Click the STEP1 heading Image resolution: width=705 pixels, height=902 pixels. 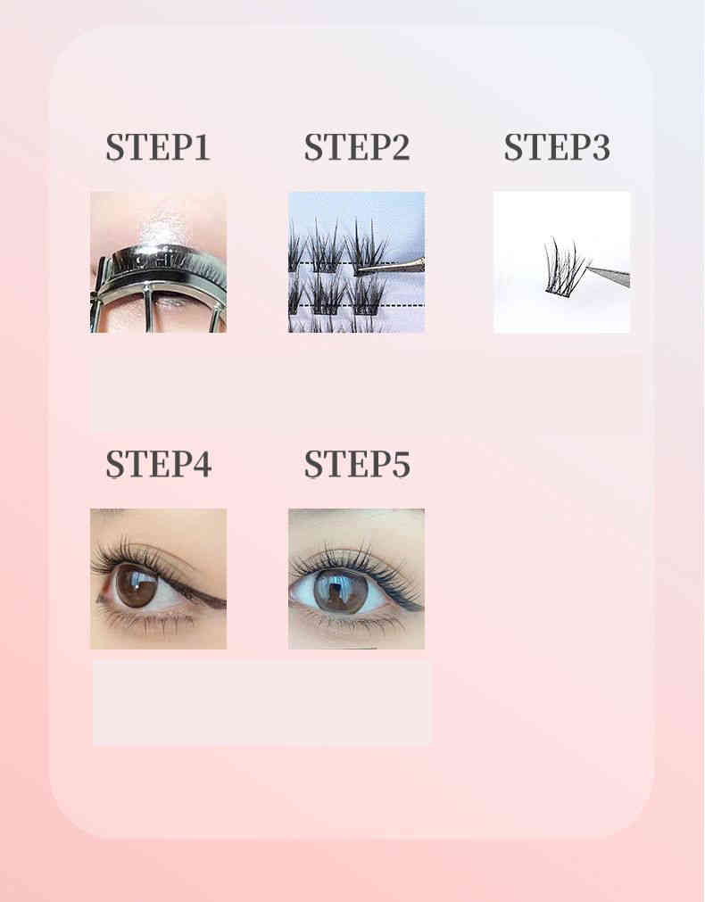pos(158,146)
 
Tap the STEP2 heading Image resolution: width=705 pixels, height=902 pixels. pos(357,146)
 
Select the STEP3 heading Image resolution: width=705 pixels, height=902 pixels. pos(557,146)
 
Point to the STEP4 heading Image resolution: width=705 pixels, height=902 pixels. pos(158,464)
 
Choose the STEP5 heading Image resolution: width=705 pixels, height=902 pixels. pos(357,464)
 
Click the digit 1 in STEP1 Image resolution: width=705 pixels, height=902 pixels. pos(201,147)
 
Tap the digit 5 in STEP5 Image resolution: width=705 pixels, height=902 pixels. pos(401,464)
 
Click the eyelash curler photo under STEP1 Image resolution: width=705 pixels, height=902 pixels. pos(158,262)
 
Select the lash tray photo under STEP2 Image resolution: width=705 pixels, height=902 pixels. pos(356,262)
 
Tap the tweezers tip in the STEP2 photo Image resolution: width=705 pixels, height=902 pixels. pos(358,269)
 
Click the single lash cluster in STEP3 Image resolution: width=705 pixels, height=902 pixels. pos(566,266)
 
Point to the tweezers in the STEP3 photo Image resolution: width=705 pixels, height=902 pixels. pos(609,275)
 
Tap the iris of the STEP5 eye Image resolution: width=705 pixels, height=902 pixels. pos(341,592)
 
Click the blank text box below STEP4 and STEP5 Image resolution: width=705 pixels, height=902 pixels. pos(261,702)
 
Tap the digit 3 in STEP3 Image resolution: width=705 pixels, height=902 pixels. pos(601,147)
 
